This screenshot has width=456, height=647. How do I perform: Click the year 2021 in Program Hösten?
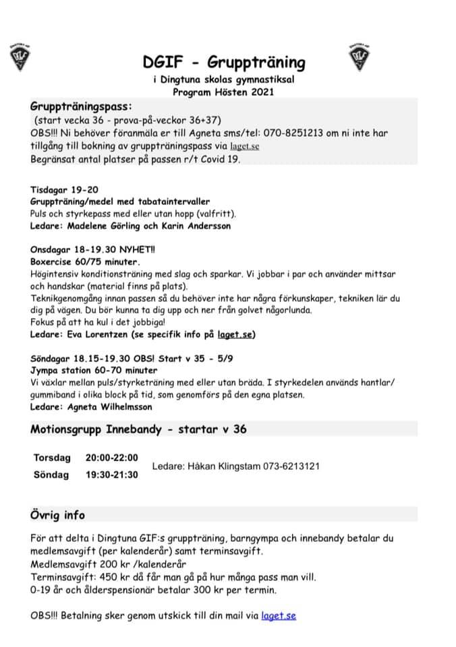pos(260,92)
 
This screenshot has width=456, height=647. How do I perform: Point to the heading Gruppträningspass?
pos(81,106)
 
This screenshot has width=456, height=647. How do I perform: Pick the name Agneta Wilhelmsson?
pos(110,407)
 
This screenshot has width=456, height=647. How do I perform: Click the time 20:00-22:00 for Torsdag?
pos(111,458)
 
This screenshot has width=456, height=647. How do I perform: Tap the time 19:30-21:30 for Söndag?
pos(111,474)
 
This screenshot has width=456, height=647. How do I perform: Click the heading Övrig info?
pos(58,516)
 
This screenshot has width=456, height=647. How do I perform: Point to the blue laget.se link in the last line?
pos(279,615)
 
